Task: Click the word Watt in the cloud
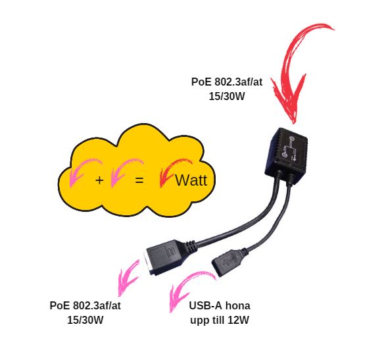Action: point(191,180)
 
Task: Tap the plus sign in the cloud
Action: point(99,180)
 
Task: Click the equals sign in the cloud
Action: point(139,180)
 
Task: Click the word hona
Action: point(237,306)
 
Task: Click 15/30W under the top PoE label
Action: point(227,96)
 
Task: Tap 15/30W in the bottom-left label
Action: point(85,320)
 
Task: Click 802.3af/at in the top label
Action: point(238,82)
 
